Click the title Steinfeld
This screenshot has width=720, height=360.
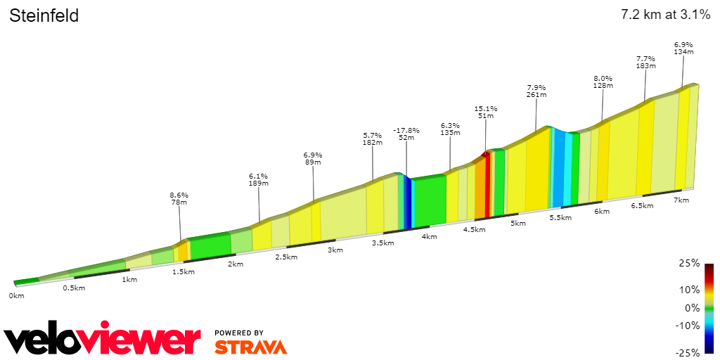(x=44, y=15)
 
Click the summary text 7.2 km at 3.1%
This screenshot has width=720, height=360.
(x=664, y=15)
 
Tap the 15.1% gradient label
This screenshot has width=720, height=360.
(x=485, y=109)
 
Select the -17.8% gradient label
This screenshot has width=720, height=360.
(x=406, y=131)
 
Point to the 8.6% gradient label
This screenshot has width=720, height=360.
(x=179, y=195)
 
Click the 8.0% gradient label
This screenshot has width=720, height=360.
(x=603, y=78)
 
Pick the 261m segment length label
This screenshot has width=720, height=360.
(x=536, y=95)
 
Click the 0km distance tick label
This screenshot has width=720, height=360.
(x=16, y=295)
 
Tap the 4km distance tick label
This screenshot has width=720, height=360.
(x=429, y=236)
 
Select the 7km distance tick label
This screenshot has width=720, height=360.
(x=681, y=200)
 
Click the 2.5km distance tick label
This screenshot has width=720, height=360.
(x=285, y=257)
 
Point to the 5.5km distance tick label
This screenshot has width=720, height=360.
(x=560, y=218)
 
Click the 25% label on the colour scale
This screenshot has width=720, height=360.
(x=690, y=263)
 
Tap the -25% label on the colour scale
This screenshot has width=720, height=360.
(x=688, y=352)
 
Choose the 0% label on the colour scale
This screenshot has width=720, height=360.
(x=693, y=307)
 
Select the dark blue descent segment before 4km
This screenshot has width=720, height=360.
(x=407, y=204)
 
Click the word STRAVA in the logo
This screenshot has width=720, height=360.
(x=250, y=347)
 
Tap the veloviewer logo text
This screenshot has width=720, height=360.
(x=102, y=340)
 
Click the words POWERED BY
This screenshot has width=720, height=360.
(x=239, y=333)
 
